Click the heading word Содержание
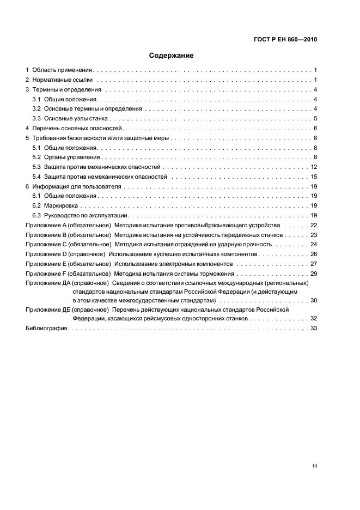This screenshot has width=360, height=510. point(172,55)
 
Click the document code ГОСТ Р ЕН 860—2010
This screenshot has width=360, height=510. point(285,40)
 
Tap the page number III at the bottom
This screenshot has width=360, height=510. point(314,466)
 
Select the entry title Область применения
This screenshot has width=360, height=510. point(63,70)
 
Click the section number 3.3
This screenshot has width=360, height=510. point(36,118)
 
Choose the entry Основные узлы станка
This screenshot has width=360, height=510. point(76,118)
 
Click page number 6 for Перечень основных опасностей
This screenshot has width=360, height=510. point(315,128)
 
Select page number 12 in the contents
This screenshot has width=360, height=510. point(314,167)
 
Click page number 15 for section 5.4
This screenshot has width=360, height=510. point(314,177)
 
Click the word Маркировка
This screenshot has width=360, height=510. point(61,206)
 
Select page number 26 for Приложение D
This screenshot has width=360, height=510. point(314,254)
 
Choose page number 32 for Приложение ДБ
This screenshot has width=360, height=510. point(314,318)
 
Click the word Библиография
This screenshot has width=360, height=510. point(46,329)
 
